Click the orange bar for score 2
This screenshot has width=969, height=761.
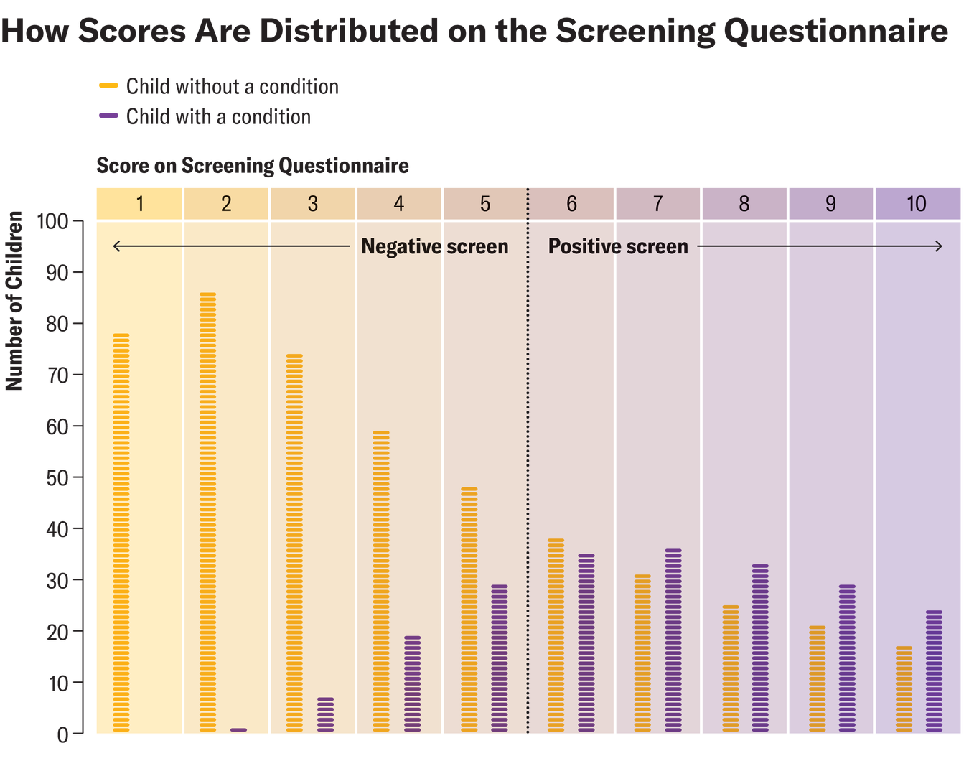[207, 513]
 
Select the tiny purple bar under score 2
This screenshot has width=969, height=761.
[238, 729]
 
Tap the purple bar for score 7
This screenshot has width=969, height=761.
[673, 640]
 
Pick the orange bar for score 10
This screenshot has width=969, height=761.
[904, 689]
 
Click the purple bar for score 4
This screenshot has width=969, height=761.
[413, 684]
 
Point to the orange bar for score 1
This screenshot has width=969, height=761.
[121, 533]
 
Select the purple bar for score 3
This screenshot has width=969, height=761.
[325, 714]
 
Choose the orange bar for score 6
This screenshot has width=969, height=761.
[556, 635]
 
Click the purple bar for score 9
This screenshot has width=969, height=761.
[847, 658]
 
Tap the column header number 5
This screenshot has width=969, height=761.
[485, 204]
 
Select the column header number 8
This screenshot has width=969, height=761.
[744, 204]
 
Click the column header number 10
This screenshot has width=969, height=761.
[917, 204]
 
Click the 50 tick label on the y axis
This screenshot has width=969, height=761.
[57, 478]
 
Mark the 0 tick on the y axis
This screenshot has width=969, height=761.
[63, 734]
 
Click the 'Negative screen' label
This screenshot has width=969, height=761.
[434, 246]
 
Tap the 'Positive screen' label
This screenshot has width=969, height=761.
[618, 246]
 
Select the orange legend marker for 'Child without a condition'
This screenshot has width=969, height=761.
[108, 86]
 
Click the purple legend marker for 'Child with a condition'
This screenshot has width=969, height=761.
[108, 116]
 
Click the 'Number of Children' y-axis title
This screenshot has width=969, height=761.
[14, 301]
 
